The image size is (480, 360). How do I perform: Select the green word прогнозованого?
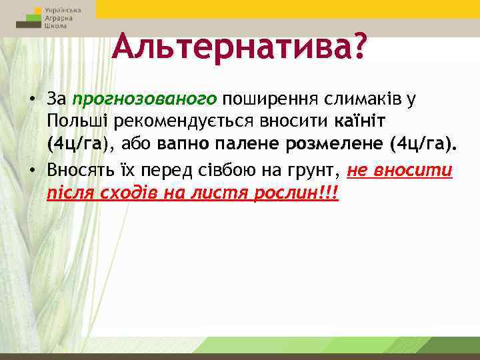click(x=145, y=99)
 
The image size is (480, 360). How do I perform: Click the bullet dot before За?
click(x=31, y=100)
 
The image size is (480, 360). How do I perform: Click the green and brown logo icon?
click(x=29, y=19)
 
